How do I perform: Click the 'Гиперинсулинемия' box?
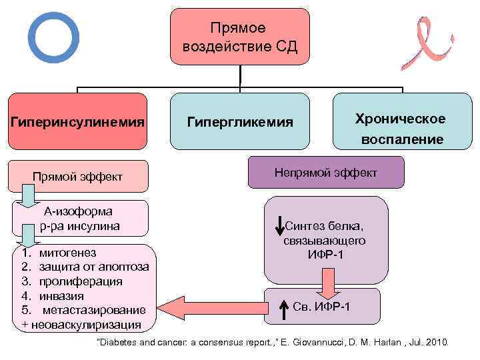click(x=77, y=121)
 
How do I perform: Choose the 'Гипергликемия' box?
click(x=240, y=121)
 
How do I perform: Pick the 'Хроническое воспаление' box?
click(x=400, y=128)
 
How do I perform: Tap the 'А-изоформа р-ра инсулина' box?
click(x=80, y=219)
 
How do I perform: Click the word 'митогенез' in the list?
click(x=67, y=253)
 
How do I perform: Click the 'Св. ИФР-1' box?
click(x=323, y=306)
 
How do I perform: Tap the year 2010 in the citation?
click(x=437, y=343)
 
